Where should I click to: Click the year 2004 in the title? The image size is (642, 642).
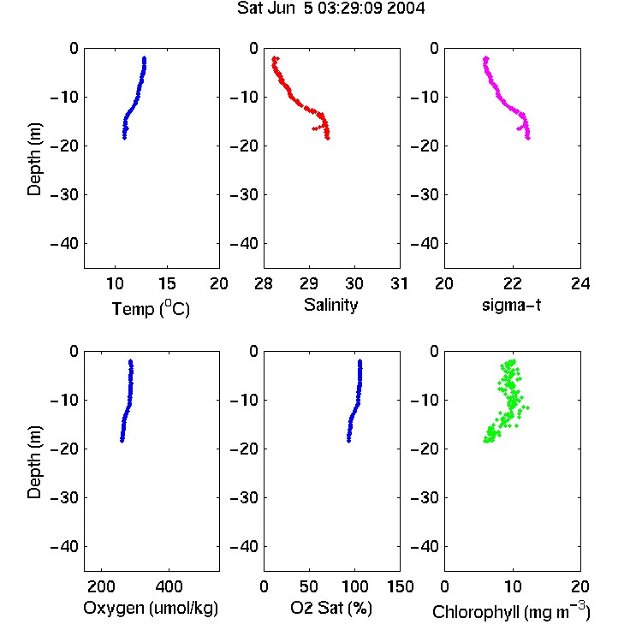click(406, 8)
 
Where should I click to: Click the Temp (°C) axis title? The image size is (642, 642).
click(151, 308)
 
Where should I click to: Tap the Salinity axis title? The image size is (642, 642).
click(330, 306)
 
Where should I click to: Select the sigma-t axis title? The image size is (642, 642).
click(511, 305)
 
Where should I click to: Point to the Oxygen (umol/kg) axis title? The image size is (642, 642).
click(151, 609)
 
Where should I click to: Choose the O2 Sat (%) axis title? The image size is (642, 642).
click(331, 608)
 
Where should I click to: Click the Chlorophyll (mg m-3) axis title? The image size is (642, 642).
click(511, 611)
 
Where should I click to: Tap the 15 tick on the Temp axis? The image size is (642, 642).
click(167, 283)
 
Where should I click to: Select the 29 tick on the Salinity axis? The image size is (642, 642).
click(309, 283)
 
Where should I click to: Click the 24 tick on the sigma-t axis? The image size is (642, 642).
click(580, 283)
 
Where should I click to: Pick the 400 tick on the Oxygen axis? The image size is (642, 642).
click(169, 586)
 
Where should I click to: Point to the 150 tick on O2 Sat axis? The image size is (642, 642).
click(400, 586)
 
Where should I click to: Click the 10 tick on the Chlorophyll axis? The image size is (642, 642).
click(513, 586)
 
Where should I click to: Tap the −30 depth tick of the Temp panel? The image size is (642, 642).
click(64, 195)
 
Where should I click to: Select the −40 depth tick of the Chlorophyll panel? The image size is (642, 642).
click(425, 547)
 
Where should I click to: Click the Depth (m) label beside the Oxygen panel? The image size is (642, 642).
click(34, 462)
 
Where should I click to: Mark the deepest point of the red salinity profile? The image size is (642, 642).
click(328, 138)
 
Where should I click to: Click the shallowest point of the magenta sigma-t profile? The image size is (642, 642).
click(486, 58)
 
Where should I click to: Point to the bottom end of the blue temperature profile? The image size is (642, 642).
click(124, 138)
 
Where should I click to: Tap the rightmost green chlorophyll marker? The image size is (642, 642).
click(528, 407)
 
